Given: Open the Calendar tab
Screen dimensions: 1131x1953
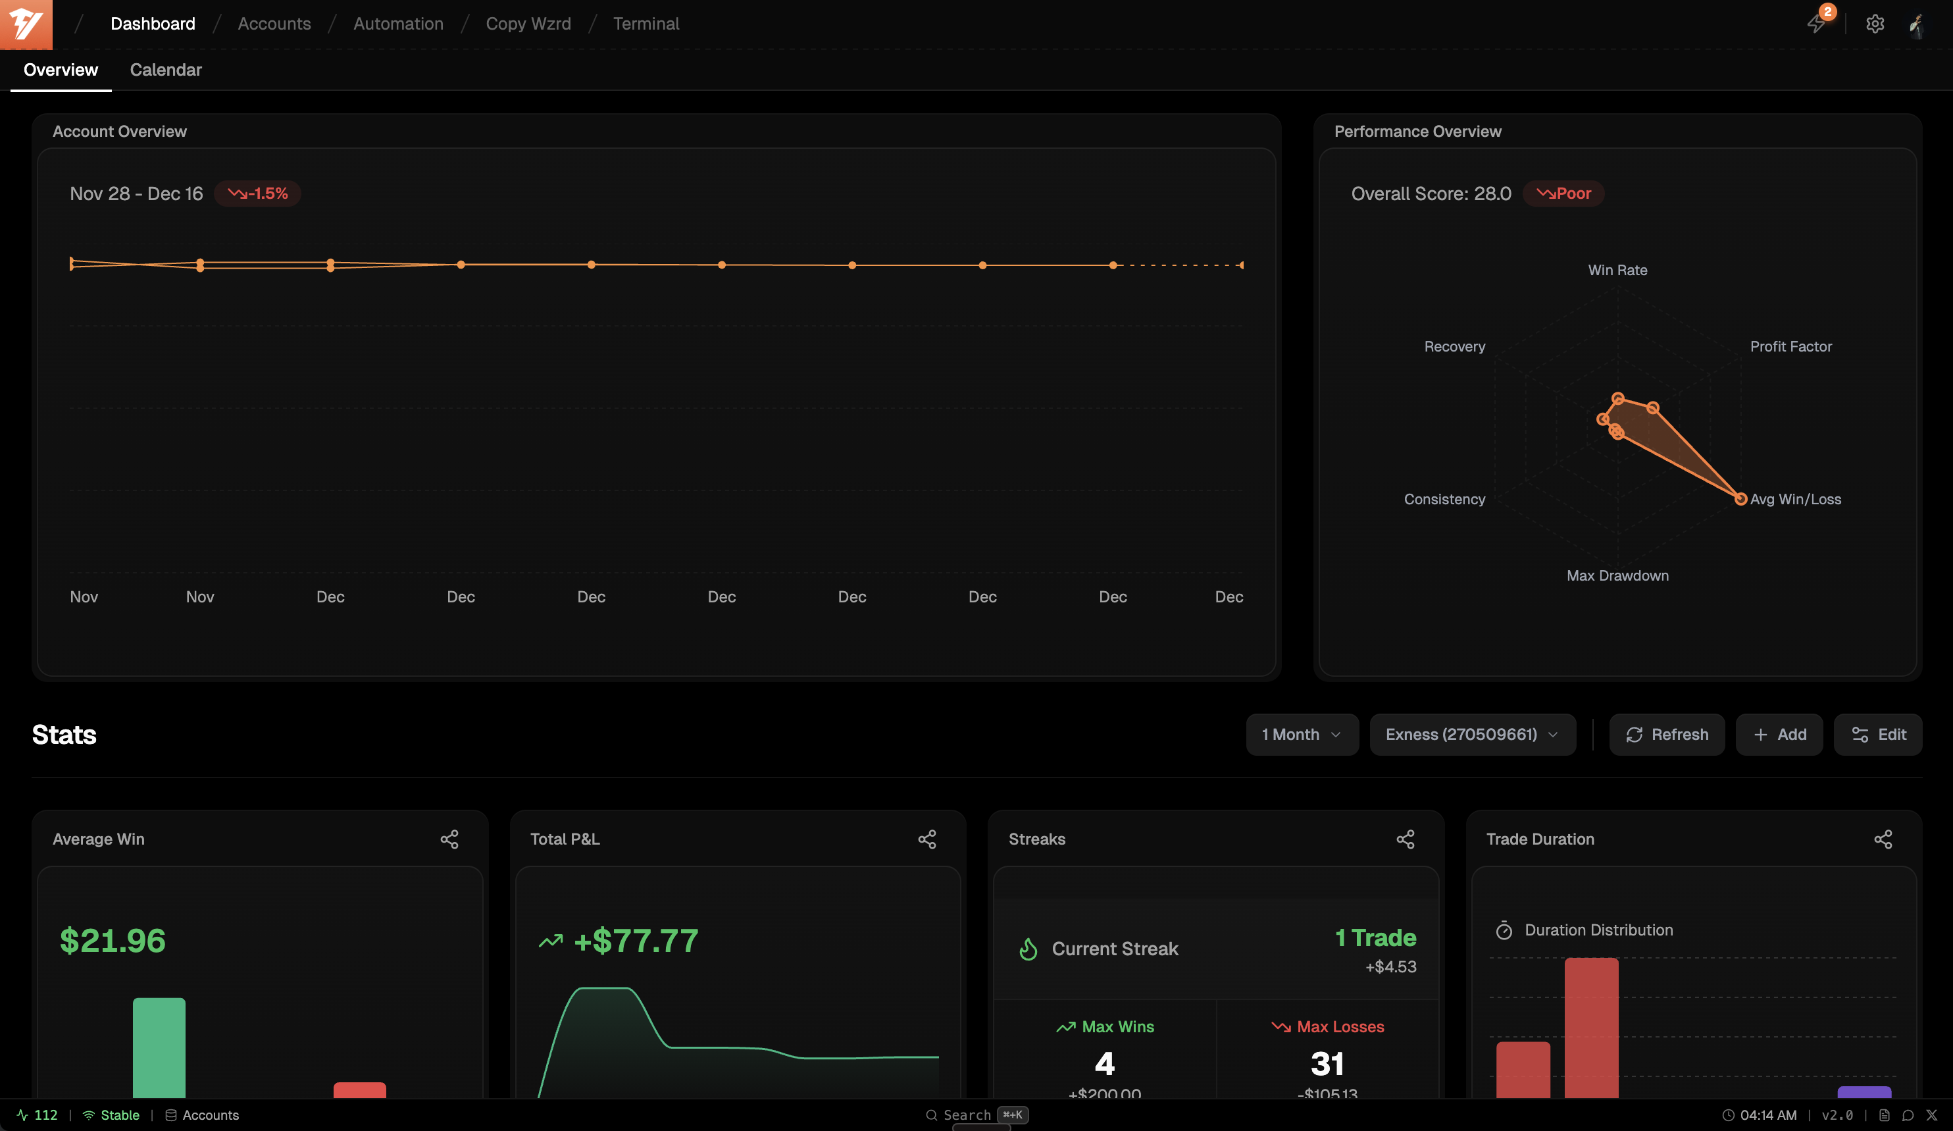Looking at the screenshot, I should pyautogui.click(x=165, y=70).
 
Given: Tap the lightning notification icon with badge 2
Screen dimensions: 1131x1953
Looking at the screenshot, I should pyautogui.click(x=1816, y=23).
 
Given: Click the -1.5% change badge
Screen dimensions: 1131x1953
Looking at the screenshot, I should pyautogui.click(x=257, y=194).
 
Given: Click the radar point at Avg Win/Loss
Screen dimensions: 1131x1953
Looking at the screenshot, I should pyautogui.click(x=1740, y=499).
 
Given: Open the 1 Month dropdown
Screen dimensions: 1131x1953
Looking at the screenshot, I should pyautogui.click(x=1301, y=734).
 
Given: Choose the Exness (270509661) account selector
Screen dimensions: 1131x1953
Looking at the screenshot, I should pyautogui.click(x=1472, y=734).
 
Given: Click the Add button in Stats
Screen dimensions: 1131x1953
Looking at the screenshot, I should pyautogui.click(x=1779, y=734).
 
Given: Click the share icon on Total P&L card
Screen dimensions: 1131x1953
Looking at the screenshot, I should pyautogui.click(x=927, y=839).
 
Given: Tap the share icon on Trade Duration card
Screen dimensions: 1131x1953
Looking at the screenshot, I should pyautogui.click(x=1883, y=839).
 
